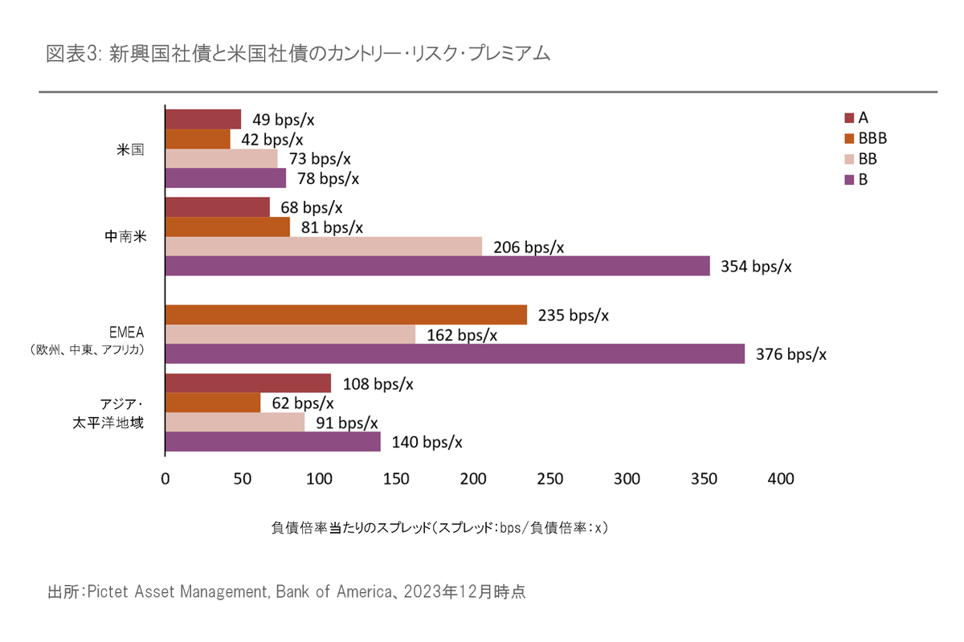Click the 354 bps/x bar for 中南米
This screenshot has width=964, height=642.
438,266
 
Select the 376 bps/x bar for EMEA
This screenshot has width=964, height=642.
455,354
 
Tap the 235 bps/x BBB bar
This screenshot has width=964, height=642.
346,315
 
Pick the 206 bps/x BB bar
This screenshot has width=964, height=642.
324,247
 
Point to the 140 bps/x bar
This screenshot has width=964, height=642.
272,442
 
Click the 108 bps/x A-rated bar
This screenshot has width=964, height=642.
247,383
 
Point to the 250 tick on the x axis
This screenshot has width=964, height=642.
549,480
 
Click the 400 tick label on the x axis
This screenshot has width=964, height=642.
780,480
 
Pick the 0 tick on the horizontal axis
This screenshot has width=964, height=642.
165,480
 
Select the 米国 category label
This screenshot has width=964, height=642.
130,149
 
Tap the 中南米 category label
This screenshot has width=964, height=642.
125,237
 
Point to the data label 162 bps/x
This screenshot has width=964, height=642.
461,335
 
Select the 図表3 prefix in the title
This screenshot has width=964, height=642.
74,55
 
